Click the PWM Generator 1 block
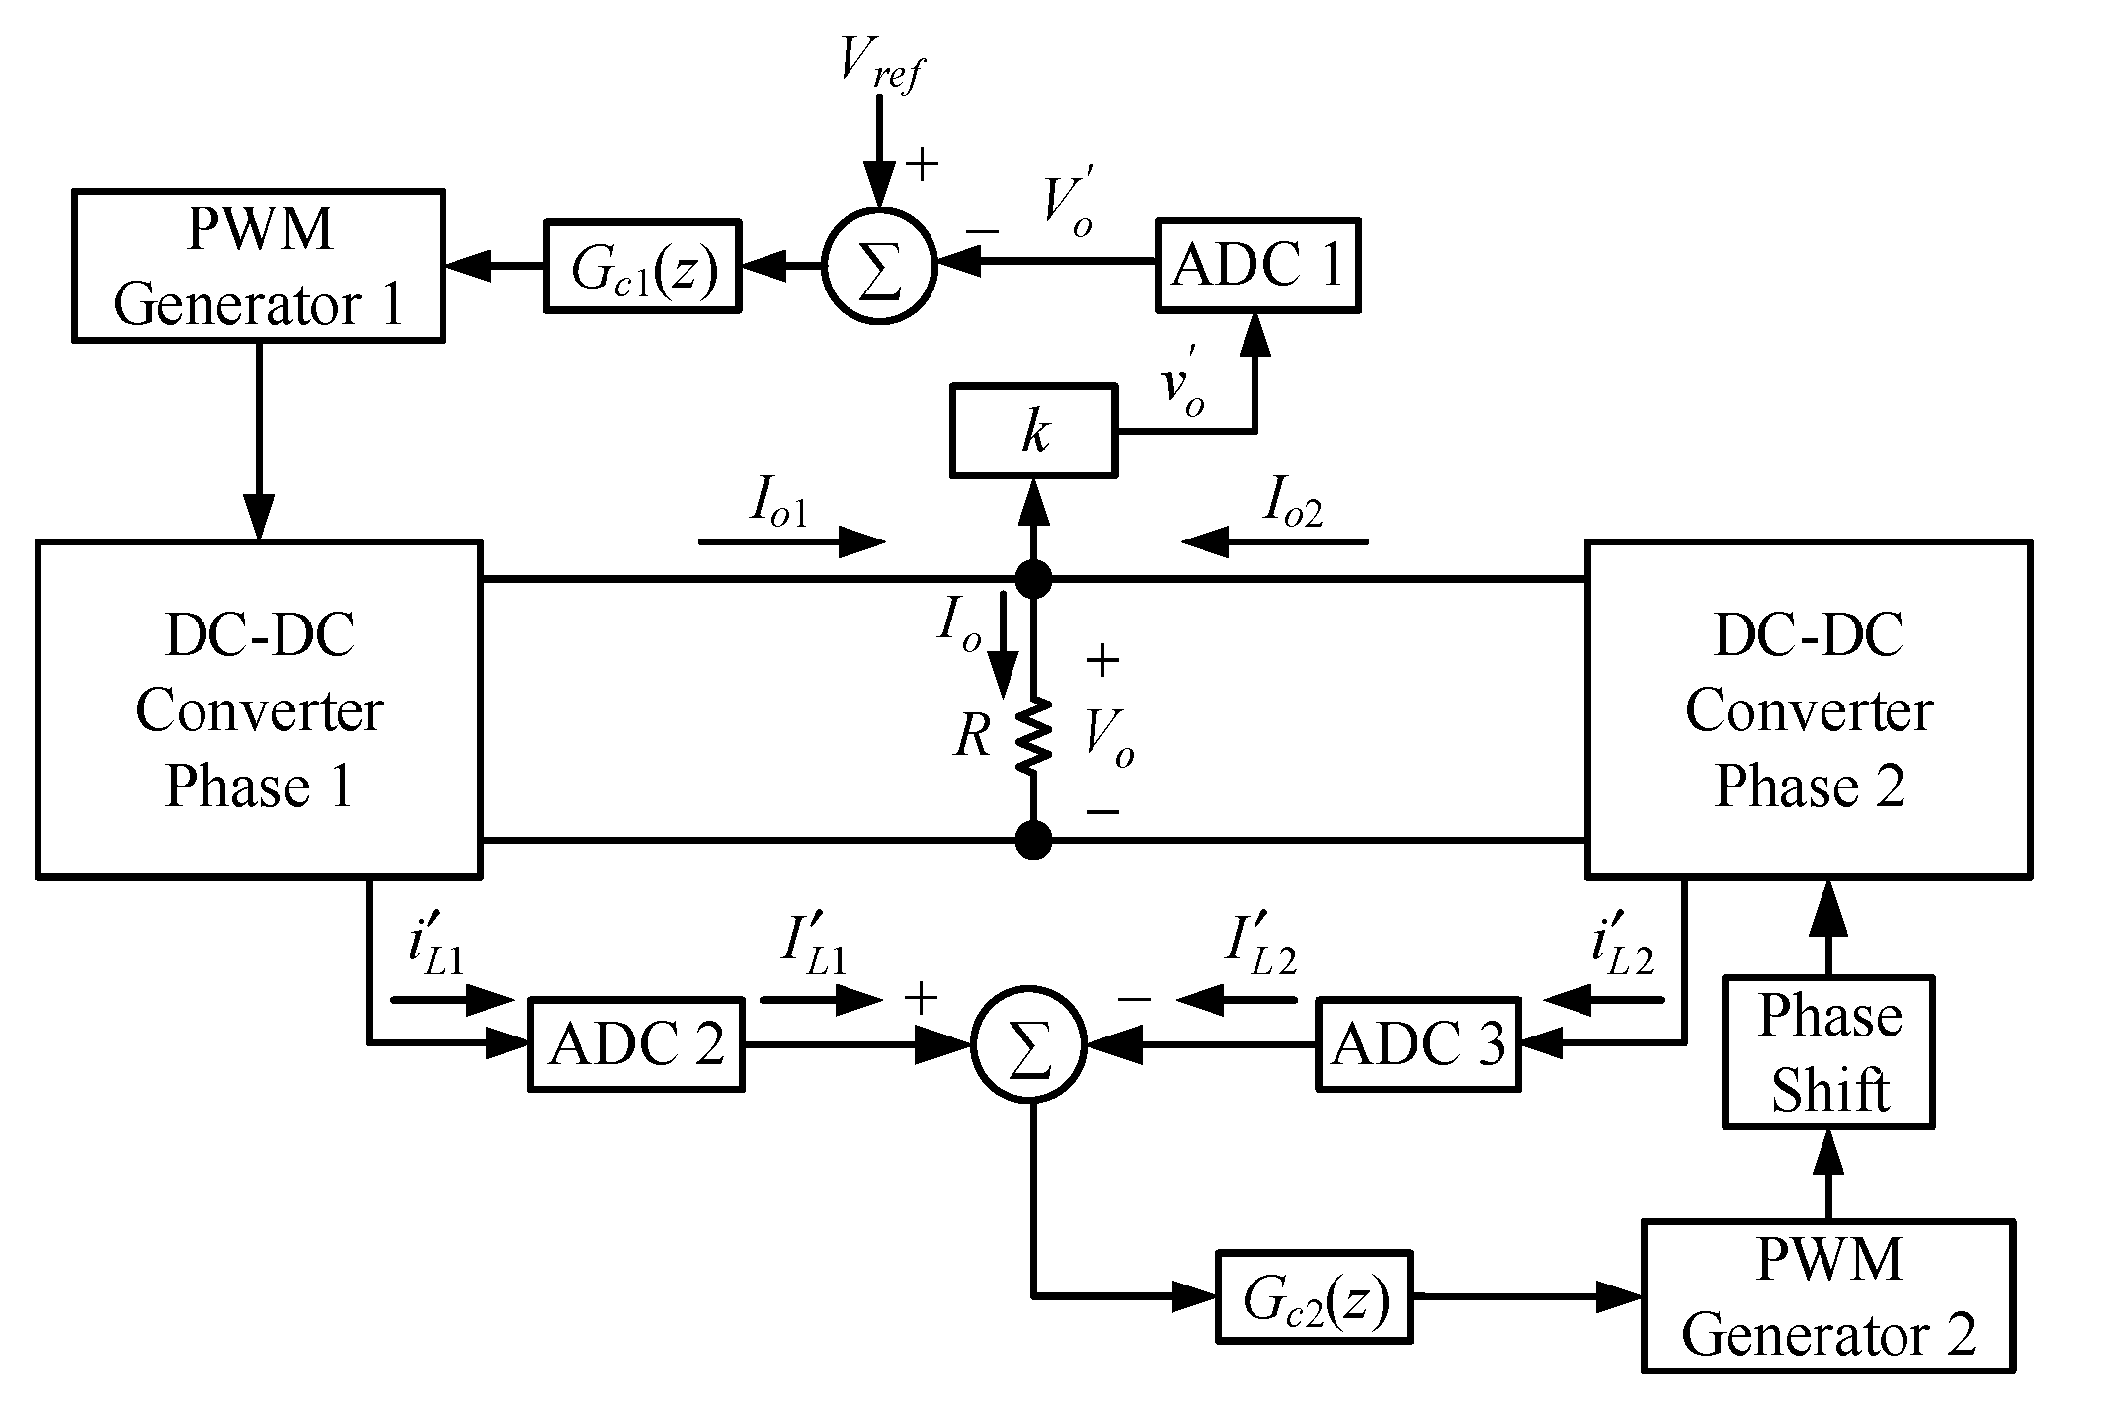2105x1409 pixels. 258,267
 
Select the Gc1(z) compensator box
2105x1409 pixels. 642,267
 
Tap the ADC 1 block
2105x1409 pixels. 1256,266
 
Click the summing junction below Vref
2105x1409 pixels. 878,265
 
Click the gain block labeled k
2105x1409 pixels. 1033,432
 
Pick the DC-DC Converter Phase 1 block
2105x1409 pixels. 259,708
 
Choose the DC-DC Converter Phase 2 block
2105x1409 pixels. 1808,708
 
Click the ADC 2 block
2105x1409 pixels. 636,1044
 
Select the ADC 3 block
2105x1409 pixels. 1417,1044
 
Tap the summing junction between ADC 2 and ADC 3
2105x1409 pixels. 1028,1043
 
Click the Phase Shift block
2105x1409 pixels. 1828,1052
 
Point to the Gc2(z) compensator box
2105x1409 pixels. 1314,1296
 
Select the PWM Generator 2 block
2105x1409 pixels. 1827,1296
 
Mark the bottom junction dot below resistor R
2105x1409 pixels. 1033,841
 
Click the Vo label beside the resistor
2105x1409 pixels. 1108,737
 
